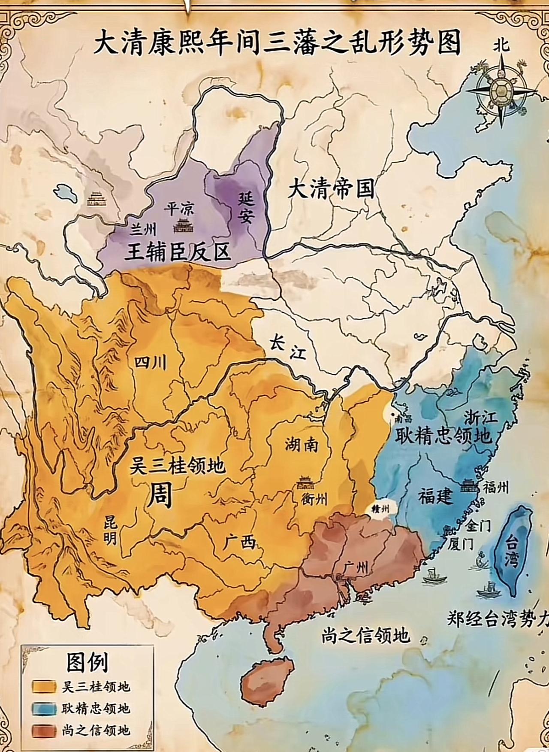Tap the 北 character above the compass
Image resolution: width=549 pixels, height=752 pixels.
click(x=501, y=45)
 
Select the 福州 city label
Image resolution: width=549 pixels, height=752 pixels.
click(x=496, y=487)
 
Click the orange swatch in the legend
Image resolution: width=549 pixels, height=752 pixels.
click(x=44, y=686)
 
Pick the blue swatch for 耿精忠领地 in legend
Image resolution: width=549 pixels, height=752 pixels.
click(x=44, y=708)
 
